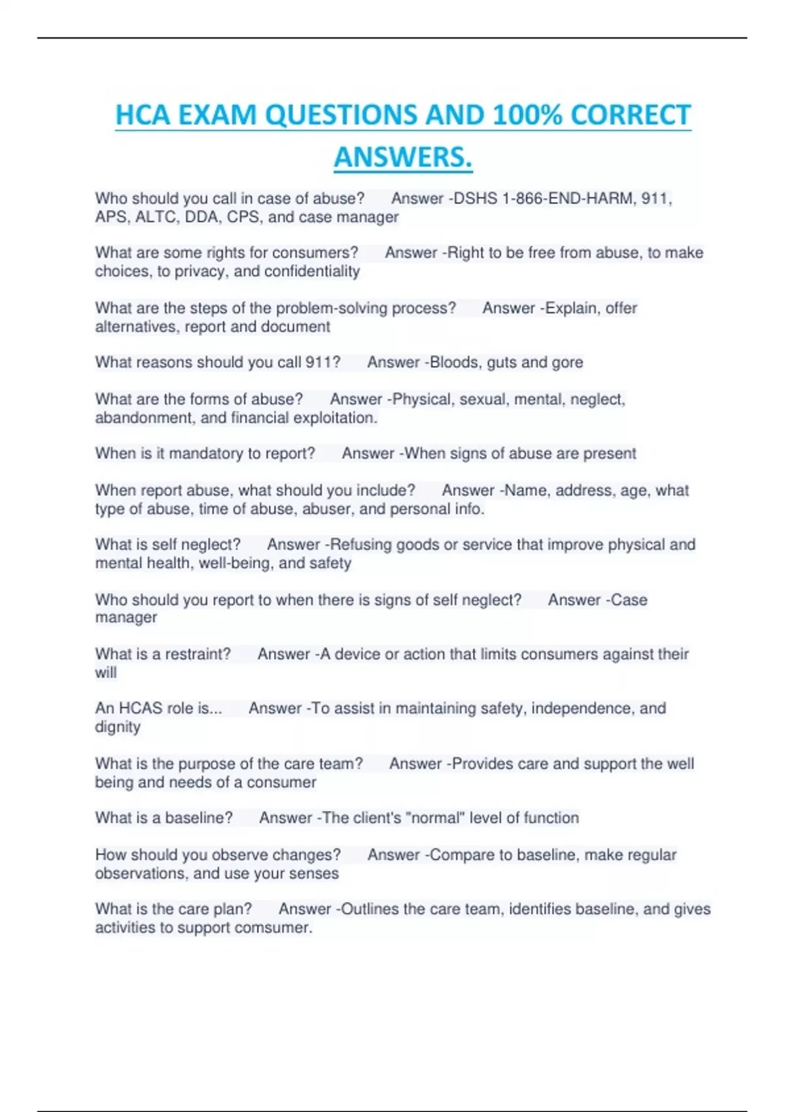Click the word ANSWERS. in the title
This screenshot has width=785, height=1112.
(x=403, y=157)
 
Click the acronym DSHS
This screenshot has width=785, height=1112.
(x=476, y=198)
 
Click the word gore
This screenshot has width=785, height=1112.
(x=567, y=362)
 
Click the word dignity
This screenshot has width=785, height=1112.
(x=118, y=727)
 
